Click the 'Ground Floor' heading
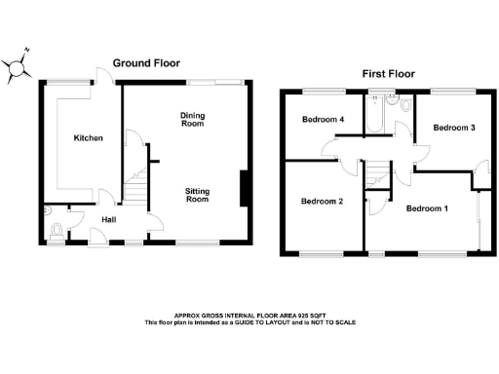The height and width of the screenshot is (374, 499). click(146, 63)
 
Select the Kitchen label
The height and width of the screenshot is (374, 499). click(89, 138)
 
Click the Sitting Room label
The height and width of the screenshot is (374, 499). click(198, 193)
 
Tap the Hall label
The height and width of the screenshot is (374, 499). click(109, 220)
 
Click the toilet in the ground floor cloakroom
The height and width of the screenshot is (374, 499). click(58, 230)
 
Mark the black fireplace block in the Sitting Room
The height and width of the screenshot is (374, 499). click(244, 189)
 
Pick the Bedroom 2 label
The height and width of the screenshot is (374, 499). click(323, 202)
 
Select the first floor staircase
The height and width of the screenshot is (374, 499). click(376, 175)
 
